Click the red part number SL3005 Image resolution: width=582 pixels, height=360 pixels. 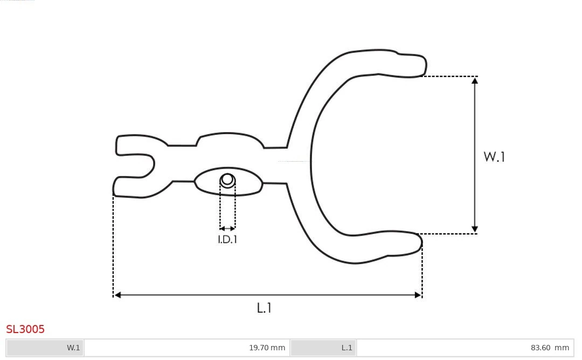[x=25, y=329]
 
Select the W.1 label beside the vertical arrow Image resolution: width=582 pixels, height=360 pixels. [x=494, y=157]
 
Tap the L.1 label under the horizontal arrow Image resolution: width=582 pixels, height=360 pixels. [x=264, y=308]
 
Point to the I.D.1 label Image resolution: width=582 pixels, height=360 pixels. [x=227, y=240]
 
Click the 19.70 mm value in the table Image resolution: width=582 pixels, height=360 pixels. [x=267, y=348]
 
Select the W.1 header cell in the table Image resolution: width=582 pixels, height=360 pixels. [x=45, y=348]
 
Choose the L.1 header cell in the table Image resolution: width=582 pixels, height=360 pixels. [x=323, y=348]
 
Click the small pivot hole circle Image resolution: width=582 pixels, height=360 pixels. [x=227, y=179]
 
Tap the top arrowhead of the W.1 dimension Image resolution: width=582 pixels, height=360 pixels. [x=475, y=81]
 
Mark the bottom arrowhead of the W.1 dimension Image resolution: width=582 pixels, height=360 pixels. [x=475, y=230]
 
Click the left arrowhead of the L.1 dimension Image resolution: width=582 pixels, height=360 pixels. [x=117, y=295]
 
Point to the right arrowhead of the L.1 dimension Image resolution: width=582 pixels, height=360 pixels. [x=418, y=295]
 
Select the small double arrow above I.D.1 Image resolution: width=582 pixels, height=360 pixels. [x=227, y=229]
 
